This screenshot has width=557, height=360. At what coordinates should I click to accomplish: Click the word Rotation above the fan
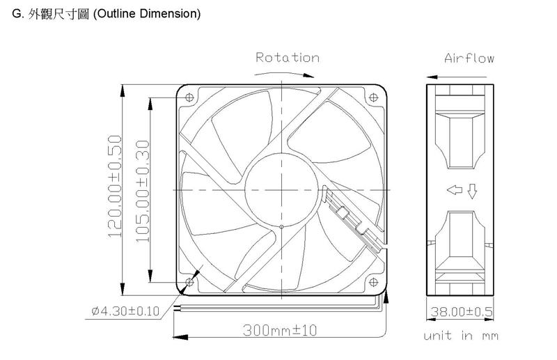click(x=288, y=58)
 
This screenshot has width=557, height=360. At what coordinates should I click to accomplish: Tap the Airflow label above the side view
click(x=469, y=58)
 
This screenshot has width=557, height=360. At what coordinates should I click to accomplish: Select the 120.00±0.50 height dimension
click(x=115, y=186)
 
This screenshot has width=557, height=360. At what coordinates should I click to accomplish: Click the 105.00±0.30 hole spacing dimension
click(x=143, y=191)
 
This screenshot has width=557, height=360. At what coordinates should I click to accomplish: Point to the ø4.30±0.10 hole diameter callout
click(x=125, y=311)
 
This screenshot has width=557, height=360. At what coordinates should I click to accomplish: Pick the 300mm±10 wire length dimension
click(x=280, y=331)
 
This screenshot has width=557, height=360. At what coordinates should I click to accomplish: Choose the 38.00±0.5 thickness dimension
click(x=462, y=312)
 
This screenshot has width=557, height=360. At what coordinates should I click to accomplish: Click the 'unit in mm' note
click(x=461, y=336)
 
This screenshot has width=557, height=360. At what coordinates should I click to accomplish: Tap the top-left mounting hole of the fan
click(x=189, y=97)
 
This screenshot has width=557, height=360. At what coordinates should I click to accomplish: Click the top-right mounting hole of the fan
click(x=373, y=97)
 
